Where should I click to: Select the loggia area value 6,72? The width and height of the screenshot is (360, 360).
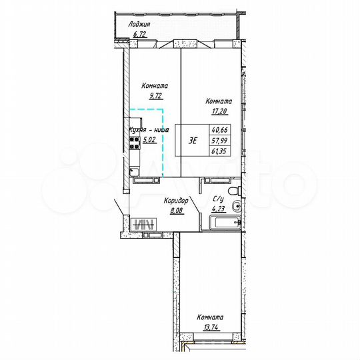[x=140, y=33]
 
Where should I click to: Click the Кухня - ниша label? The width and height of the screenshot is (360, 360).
[x=149, y=131]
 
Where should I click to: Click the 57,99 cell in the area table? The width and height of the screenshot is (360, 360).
[x=221, y=141]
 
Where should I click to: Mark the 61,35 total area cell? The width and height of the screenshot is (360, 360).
[x=221, y=151]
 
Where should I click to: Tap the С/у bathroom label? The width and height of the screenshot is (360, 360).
[x=218, y=199]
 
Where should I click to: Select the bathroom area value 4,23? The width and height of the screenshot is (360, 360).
[x=218, y=208]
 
